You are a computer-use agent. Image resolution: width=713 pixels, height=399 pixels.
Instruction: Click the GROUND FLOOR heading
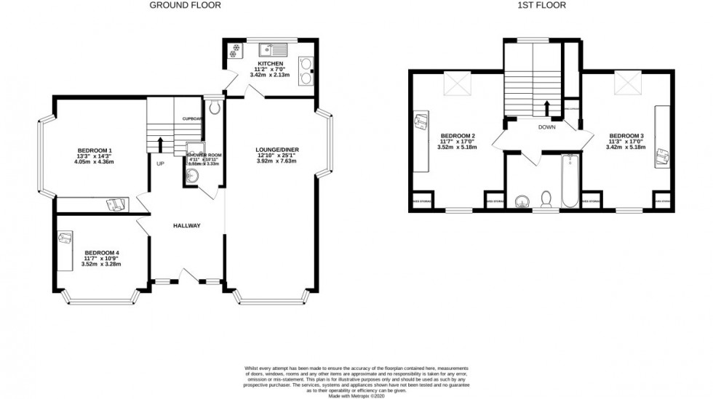click(x=185, y=5)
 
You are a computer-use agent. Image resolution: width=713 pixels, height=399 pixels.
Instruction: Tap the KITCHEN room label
click(x=260, y=64)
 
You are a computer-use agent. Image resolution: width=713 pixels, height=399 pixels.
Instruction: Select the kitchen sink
click(x=277, y=50)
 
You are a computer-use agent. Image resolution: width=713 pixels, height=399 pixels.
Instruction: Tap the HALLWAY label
click(x=186, y=225)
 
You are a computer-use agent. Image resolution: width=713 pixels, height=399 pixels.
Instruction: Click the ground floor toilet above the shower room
click(x=212, y=109)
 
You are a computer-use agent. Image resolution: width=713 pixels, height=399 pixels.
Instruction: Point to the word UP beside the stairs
click(x=160, y=164)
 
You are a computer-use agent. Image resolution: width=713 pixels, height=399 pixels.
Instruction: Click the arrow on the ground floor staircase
click(x=160, y=142)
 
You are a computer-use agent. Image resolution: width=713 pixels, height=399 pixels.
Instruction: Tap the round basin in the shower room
click(x=192, y=174)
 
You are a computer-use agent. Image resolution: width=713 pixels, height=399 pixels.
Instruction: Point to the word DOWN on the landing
click(x=547, y=126)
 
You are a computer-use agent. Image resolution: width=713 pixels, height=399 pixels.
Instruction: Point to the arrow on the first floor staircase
click(x=547, y=108)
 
